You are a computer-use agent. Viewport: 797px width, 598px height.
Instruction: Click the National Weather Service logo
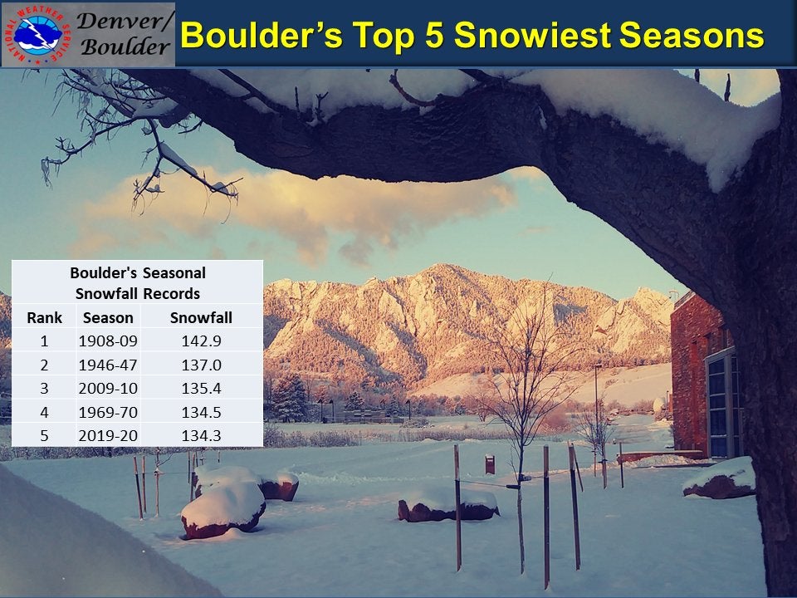[37, 34]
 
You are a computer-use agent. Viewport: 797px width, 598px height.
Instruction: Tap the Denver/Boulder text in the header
[125, 34]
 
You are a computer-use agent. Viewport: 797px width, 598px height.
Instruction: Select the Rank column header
[44, 317]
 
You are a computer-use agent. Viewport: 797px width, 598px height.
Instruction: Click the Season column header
[108, 317]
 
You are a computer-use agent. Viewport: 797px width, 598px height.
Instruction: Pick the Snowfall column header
[201, 317]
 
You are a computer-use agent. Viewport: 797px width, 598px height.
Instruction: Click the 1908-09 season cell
[108, 341]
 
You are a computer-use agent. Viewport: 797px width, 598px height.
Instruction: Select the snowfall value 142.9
[201, 341]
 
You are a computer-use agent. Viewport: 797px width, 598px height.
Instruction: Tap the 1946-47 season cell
[108, 365]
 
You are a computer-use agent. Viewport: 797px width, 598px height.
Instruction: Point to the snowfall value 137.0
[201, 365]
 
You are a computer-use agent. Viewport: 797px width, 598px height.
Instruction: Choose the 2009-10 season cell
[108, 388]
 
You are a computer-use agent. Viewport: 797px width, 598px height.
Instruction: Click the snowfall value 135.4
[201, 388]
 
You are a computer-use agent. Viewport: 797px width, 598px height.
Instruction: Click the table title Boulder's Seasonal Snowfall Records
[137, 282]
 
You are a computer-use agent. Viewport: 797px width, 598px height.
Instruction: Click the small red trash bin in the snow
[490, 464]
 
